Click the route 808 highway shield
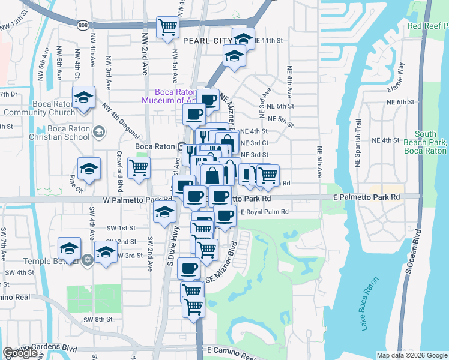[82, 25]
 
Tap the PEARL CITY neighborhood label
[206, 40]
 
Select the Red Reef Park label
[427, 26]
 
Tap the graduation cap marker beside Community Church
[84, 97]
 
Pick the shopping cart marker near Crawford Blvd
[139, 169]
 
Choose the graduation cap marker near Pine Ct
[89, 169]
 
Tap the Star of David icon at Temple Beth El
[87, 260]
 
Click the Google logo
[20, 353]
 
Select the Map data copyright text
[411, 355]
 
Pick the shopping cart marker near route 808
[167, 27]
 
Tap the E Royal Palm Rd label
[264, 212]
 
